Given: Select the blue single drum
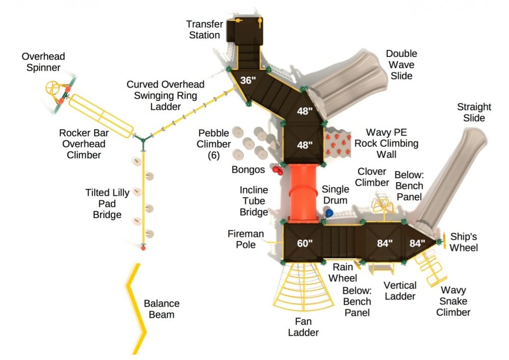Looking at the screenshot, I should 329,212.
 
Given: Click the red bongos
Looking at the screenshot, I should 277,170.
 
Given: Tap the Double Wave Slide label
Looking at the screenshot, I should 401,65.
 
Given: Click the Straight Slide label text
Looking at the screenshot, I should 474,113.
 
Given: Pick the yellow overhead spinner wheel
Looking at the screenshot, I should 52,88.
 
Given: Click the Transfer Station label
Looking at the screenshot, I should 203,30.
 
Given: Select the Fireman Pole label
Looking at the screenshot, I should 246,239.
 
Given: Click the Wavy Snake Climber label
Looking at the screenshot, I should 453,301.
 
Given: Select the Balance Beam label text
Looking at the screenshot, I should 161,309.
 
